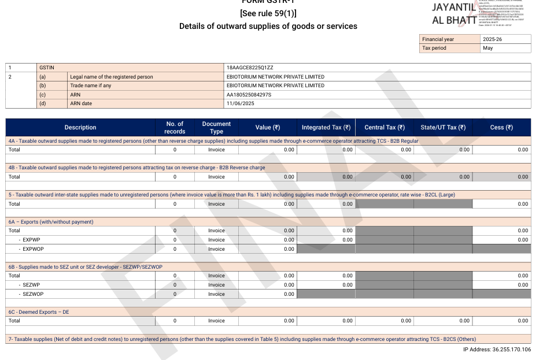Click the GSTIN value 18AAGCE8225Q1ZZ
pyautogui.click(x=250, y=68)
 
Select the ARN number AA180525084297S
pyautogui.click(x=249, y=95)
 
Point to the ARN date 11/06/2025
pyautogui.click(x=241, y=103)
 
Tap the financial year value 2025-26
pyautogui.click(x=492, y=39)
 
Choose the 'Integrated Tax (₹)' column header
pyautogui.click(x=326, y=128)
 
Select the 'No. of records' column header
pyautogui.click(x=175, y=128)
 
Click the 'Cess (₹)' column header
pyautogui.click(x=501, y=128)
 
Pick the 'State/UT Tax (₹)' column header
pyautogui.click(x=443, y=128)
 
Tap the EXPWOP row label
pyautogui.click(x=33, y=249)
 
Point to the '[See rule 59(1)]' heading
pyautogui.click(x=268, y=13)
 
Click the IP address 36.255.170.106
pyautogui.click(x=497, y=350)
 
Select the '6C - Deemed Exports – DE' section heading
pyautogui.click(x=39, y=312)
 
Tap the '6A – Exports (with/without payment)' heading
pyautogui.click(x=51, y=222)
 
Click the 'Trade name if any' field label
pyautogui.click(x=90, y=86)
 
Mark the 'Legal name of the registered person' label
pyautogui.click(x=111, y=77)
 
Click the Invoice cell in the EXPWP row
pyautogui.click(x=216, y=240)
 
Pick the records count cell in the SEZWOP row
pyautogui.click(x=175, y=294)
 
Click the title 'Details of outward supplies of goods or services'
pyautogui.click(x=268, y=26)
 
